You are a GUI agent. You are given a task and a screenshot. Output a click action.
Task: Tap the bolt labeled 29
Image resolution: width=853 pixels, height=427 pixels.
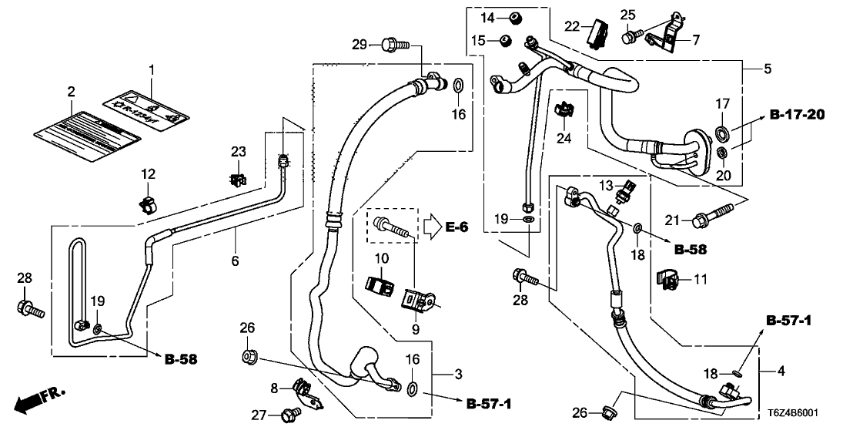[x=396, y=45]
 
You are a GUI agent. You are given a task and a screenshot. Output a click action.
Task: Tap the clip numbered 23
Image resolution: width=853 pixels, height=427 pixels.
[x=238, y=180]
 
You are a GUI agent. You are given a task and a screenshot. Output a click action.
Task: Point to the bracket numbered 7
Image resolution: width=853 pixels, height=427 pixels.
[x=666, y=35]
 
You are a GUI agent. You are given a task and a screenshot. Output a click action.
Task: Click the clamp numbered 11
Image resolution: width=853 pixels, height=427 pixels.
[x=667, y=281]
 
